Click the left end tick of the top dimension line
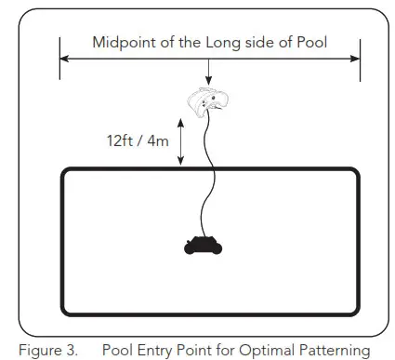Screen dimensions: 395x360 click(x=60, y=59)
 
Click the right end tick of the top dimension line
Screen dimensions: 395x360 click(x=360, y=59)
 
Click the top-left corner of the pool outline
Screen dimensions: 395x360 click(x=64, y=171)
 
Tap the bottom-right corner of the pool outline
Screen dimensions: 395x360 click(x=357, y=312)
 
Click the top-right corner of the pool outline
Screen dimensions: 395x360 click(x=357, y=171)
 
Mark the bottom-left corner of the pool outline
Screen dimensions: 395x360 click(x=64, y=312)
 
